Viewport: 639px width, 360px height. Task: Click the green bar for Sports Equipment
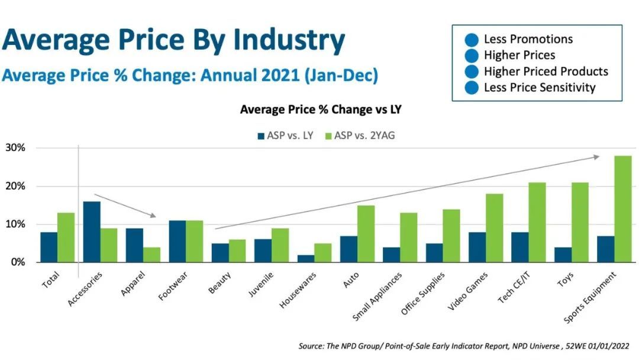[x=623, y=209]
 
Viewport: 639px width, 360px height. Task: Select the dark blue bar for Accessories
[x=92, y=232]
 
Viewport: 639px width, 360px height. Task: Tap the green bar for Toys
[x=580, y=222]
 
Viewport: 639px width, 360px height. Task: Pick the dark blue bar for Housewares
[x=306, y=258]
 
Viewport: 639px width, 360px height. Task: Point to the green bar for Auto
[x=366, y=233]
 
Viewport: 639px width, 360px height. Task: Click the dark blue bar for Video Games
[x=477, y=246]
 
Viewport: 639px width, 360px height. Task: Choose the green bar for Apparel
[x=151, y=255]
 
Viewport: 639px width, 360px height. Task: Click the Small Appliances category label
[x=379, y=296]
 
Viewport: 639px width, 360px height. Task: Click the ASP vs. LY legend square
[x=261, y=136]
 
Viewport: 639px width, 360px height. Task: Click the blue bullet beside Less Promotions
[x=472, y=40]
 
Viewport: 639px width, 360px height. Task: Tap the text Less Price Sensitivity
[x=539, y=88]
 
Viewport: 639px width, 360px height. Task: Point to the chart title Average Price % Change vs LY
[x=321, y=110]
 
